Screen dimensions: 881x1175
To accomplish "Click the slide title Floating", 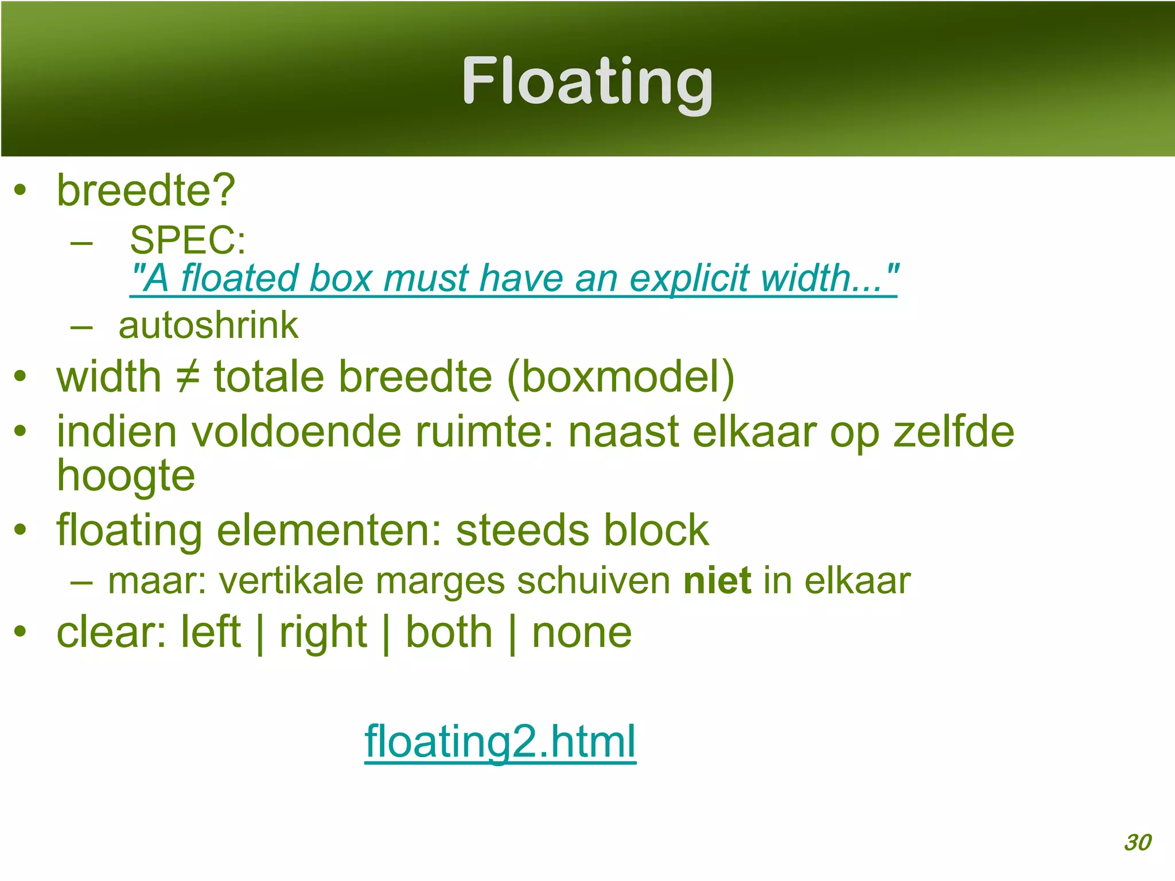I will (587, 81).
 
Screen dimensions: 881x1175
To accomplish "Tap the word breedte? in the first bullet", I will (146, 190).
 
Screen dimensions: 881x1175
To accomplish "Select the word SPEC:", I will (188, 240).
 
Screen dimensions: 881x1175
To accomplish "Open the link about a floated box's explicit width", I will (513, 278).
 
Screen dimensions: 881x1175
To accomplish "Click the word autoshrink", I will (208, 326).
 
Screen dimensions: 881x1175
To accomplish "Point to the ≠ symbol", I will (188, 377).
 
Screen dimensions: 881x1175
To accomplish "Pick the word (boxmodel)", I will (620, 377).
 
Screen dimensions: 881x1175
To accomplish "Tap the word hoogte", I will (126, 476).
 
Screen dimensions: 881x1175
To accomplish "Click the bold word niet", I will (717, 580).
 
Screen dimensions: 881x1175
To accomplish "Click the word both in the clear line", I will (449, 632).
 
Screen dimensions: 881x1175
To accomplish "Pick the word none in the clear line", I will (582, 632).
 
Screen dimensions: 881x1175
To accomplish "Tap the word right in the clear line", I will (323, 632).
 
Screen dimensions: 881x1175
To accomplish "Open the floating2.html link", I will (500, 741).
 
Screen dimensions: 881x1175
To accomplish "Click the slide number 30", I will (1137, 843).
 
